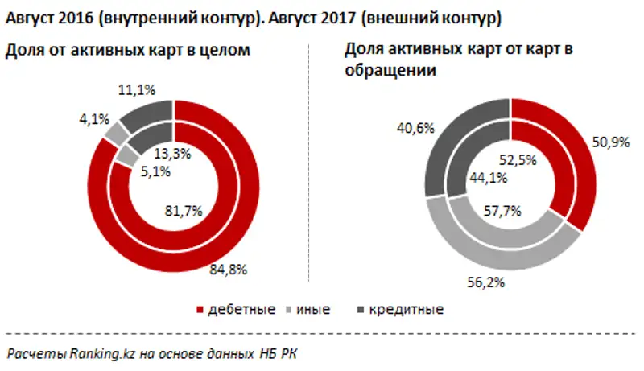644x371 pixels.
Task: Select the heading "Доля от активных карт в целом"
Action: (128, 50)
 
